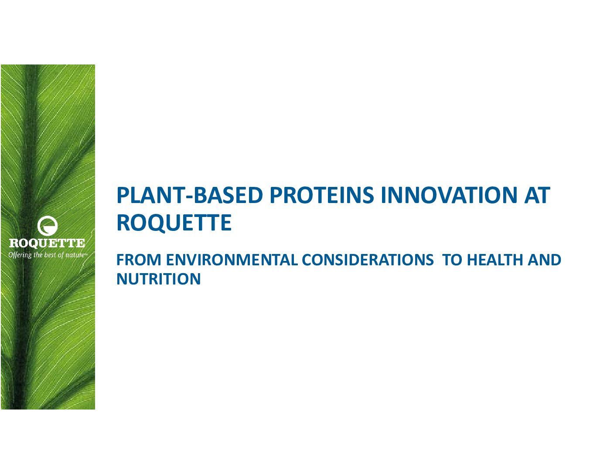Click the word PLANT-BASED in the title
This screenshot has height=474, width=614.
(x=190, y=195)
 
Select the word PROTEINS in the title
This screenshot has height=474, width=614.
(x=322, y=195)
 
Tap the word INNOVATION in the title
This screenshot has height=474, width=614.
(x=449, y=195)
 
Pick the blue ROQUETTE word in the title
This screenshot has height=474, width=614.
(x=174, y=223)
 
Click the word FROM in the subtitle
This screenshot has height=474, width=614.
(x=139, y=260)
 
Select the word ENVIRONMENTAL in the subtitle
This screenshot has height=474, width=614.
(x=232, y=260)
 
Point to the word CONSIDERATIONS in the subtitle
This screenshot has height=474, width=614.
(x=368, y=260)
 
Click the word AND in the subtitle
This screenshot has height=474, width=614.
(x=545, y=260)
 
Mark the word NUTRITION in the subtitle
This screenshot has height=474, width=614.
(x=159, y=279)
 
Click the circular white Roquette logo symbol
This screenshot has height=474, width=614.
(x=48, y=226)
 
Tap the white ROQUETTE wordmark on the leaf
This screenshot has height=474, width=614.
(x=47, y=243)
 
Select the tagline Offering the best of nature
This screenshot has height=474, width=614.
(x=48, y=255)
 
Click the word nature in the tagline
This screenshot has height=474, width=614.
(x=75, y=255)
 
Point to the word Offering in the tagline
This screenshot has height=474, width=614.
(x=20, y=255)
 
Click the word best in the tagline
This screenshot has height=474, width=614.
(x=51, y=255)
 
